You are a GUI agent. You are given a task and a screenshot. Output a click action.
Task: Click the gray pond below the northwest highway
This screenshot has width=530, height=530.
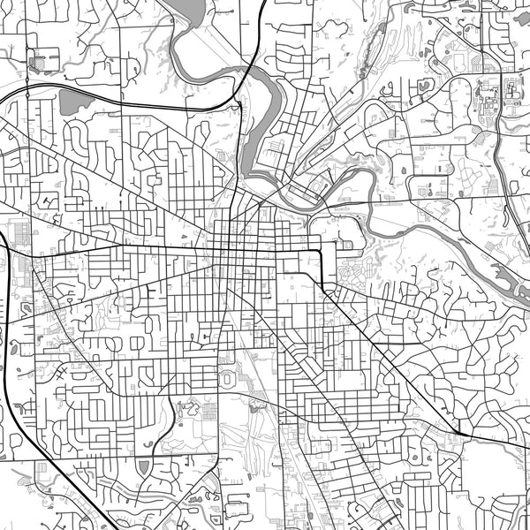coord(74,101)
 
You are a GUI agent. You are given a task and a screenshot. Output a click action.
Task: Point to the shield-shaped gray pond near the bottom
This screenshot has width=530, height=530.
coord(144,466)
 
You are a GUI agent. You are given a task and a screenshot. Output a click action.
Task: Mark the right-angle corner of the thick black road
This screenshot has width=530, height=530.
coord(321,253)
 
